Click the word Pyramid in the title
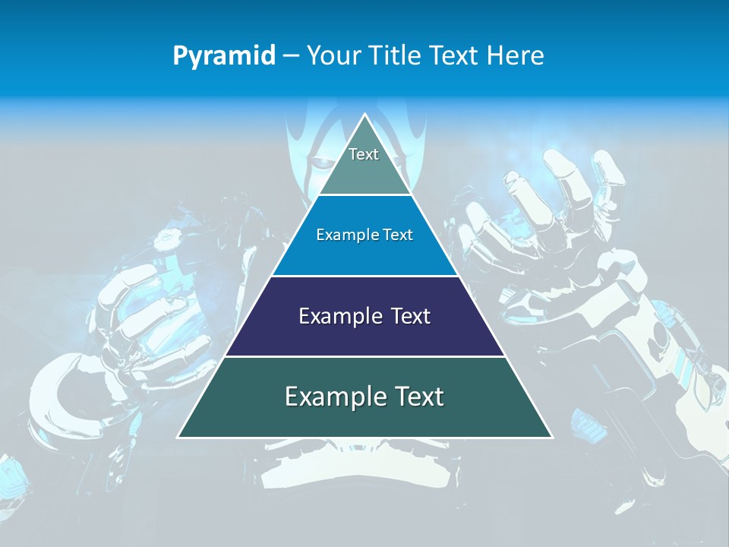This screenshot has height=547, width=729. pos(224,56)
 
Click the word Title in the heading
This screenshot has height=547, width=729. pos(395,55)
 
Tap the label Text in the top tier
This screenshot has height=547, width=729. pos(364,154)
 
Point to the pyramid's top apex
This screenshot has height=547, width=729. pos(364,115)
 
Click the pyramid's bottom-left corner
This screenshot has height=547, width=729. pos(178,437)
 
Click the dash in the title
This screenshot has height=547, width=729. pos(291,56)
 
